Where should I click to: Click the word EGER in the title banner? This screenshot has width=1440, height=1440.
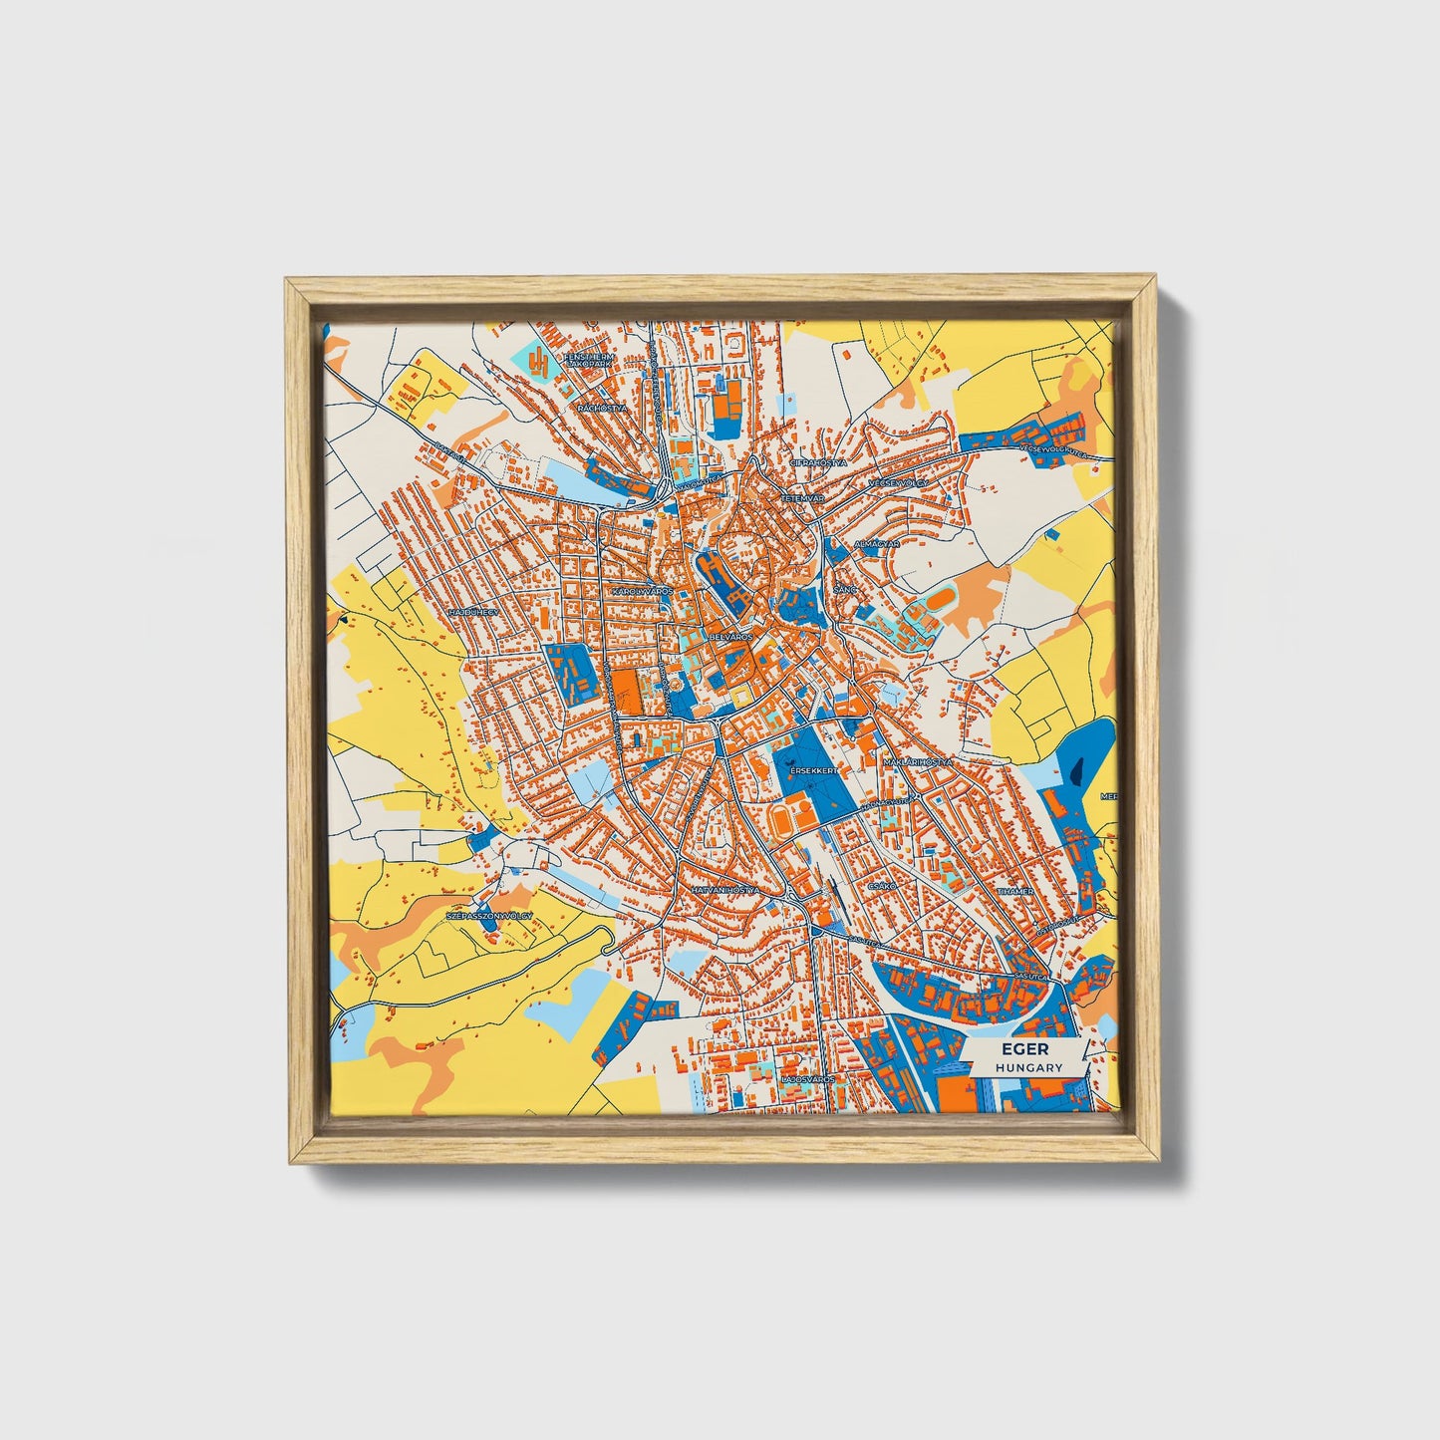coord(1020,1049)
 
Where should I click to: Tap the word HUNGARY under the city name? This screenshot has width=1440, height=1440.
coord(1028,1067)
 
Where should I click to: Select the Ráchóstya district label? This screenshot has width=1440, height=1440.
coord(602,408)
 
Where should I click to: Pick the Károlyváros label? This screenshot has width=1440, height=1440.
coord(643,591)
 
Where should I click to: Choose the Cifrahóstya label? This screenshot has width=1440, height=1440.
coord(817,463)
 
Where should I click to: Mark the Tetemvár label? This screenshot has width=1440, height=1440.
coord(799,497)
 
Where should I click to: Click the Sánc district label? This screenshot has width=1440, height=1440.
coord(845,590)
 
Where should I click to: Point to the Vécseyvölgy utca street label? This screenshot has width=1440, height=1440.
coord(1051,450)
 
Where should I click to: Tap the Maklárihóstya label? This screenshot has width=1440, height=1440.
coord(918,761)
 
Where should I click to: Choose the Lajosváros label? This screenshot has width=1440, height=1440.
coord(808,1079)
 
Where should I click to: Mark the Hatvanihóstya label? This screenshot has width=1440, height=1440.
coord(724,890)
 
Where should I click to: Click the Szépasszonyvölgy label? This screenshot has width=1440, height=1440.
coord(489,915)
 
